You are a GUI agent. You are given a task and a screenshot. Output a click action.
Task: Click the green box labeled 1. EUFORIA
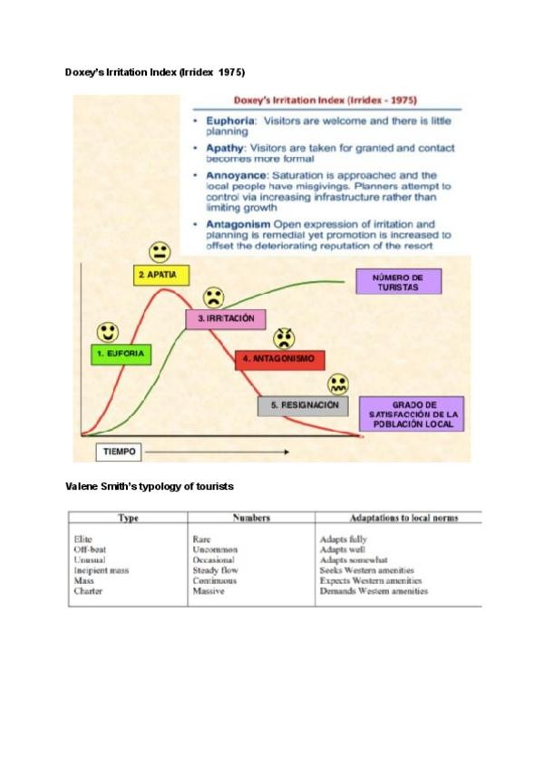[x=121, y=354]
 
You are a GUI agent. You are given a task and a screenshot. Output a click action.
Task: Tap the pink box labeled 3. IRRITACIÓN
[x=226, y=319]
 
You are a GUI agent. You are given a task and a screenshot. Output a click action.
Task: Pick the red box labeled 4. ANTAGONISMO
[x=278, y=359]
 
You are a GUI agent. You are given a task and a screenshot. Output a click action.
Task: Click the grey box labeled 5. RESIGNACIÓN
[x=304, y=405]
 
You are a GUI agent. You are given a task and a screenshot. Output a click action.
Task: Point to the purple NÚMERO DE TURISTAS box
[x=399, y=282]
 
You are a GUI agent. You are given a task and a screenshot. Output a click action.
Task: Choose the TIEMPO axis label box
[x=118, y=450]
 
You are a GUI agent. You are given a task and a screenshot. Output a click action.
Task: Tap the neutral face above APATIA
[x=160, y=250]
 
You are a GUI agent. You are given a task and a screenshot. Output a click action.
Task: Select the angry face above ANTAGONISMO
[x=285, y=338]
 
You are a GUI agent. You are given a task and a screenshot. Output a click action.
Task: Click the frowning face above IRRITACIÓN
[x=213, y=297]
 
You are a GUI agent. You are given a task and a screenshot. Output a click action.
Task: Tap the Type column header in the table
[x=127, y=518]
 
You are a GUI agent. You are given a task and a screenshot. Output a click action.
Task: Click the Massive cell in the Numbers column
[x=209, y=591]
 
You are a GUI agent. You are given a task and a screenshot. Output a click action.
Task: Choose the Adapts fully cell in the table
[x=343, y=539]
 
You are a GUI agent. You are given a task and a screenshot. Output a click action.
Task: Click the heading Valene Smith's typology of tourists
[x=150, y=486]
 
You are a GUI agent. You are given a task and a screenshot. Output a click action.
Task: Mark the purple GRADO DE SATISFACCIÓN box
[x=412, y=414]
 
